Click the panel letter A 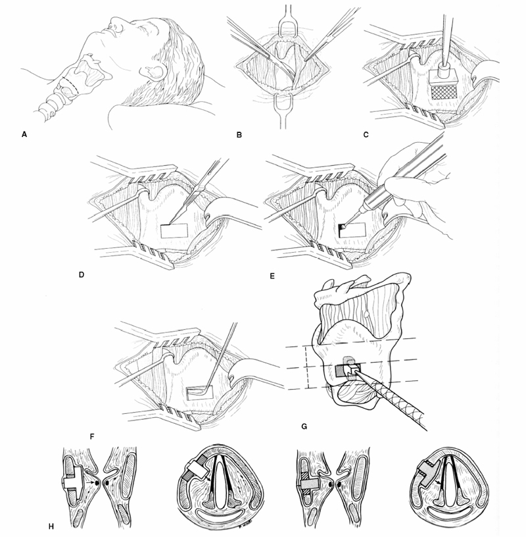24,135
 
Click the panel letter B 239,135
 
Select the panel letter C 366,135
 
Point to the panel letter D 82,274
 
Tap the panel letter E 272,275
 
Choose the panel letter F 91,437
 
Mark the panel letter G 304,426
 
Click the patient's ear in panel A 153,71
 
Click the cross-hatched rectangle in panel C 444,92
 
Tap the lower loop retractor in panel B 283,105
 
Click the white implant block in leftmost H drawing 74,482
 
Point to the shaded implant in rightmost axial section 429,474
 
